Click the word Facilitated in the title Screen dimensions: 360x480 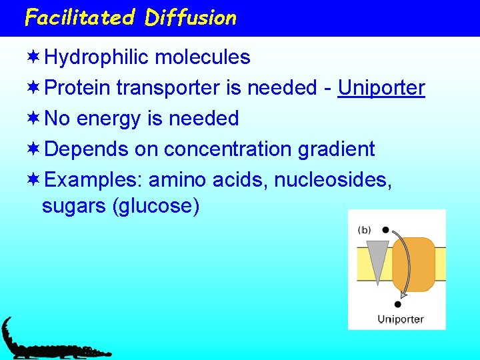[x=79, y=17]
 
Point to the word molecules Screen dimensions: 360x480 [x=202, y=58]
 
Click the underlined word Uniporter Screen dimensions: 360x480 [x=381, y=88]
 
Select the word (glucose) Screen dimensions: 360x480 [x=157, y=207]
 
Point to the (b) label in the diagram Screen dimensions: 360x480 [x=365, y=230]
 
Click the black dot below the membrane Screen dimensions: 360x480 [x=398, y=304]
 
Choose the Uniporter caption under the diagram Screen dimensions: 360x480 [x=400, y=319]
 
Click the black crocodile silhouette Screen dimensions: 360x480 [x=47, y=343]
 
